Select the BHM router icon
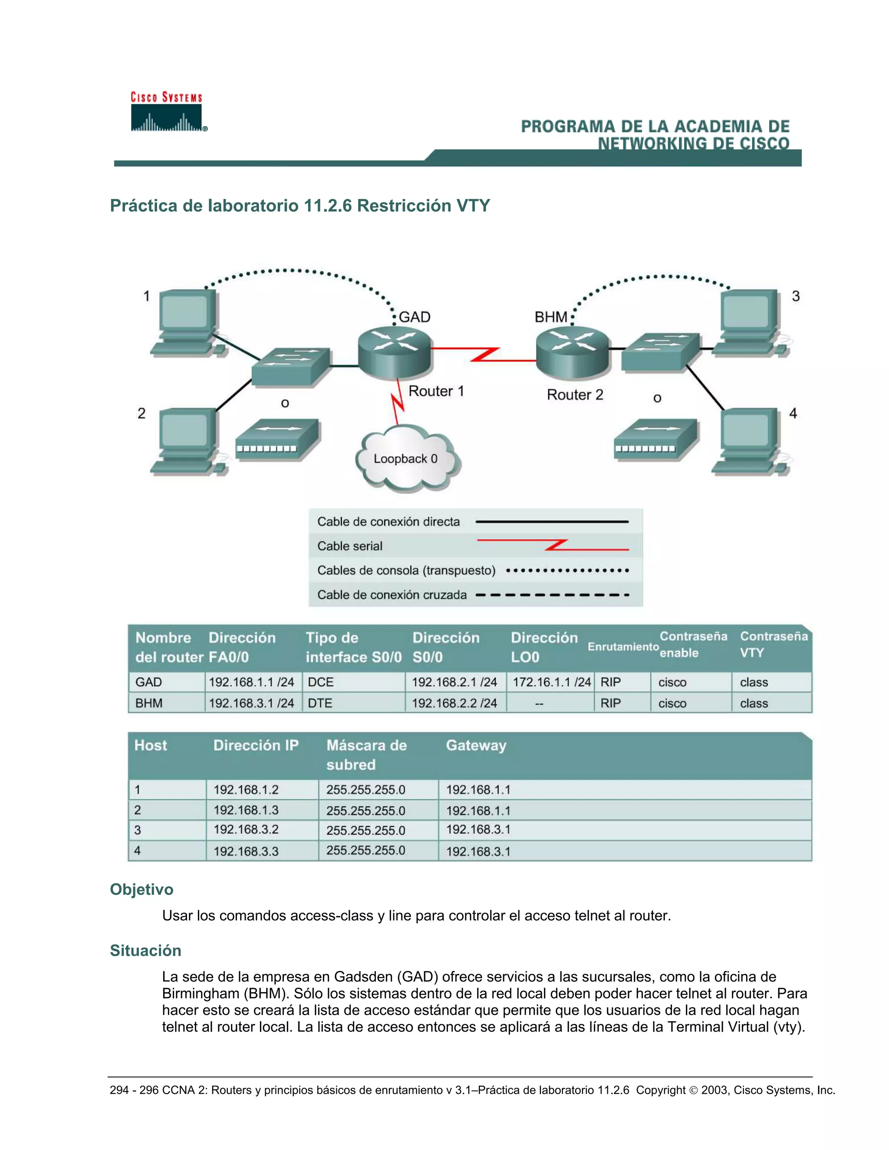pyautogui.click(x=573, y=352)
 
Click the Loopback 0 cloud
pyautogui.click(x=406, y=459)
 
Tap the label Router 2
pyautogui.click(x=575, y=394)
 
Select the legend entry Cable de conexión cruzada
pyautogui.click(x=392, y=595)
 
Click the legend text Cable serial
pyautogui.click(x=350, y=546)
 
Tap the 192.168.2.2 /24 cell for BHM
pyautogui.click(x=454, y=703)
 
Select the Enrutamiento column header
pyautogui.click(x=622, y=647)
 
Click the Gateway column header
pyautogui.click(x=476, y=745)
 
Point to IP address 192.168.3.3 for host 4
pyautogui.click(x=246, y=851)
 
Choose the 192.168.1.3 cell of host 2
pyautogui.click(x=246, y=810)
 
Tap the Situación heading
pyautogui.click(x=145, y=950)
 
